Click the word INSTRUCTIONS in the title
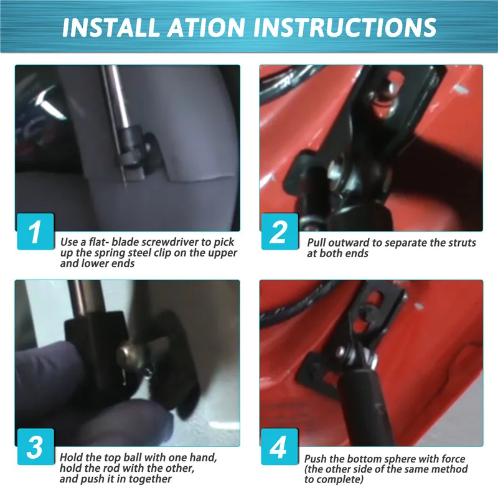345,27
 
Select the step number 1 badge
35,232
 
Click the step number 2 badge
280,232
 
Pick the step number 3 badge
35,446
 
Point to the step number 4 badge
280,446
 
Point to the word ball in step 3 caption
131,458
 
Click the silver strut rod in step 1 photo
117,95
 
